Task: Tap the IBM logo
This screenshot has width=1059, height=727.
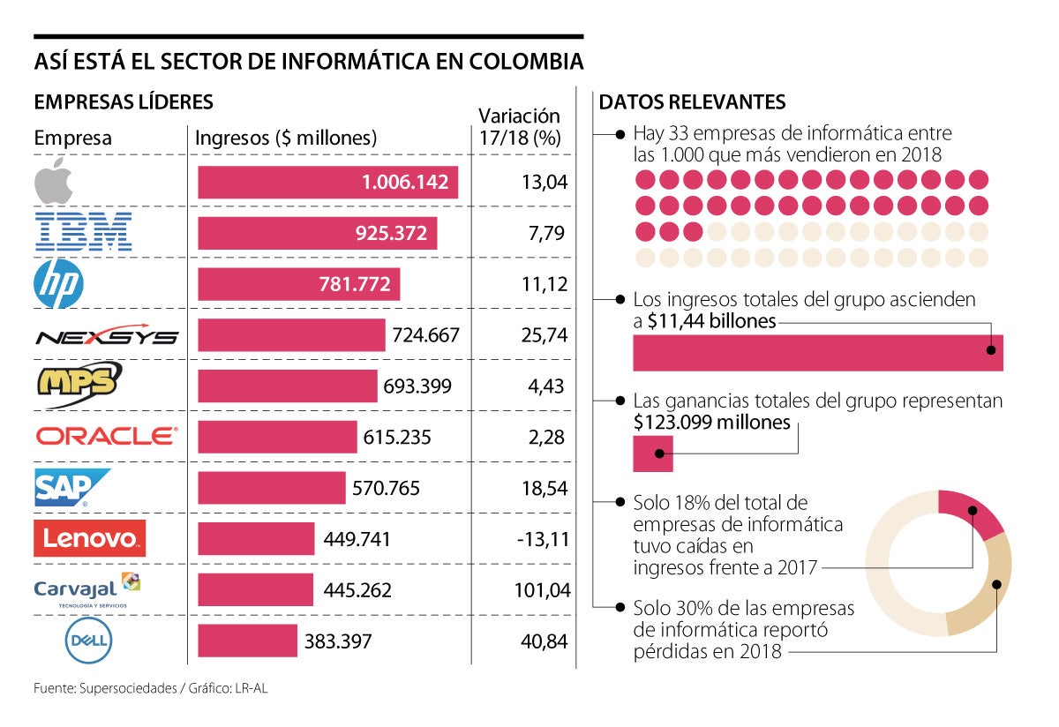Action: pyautogui.click(x=83, y=232)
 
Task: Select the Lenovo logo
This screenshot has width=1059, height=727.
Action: pyautogui.click(x=89, y=538)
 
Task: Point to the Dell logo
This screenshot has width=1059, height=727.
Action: pyautogui.click(x=88, y=641)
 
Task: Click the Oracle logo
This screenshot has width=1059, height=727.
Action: pyautogui.click(x=106, y=436)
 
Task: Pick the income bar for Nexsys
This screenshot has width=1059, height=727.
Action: pyautogui.click(x=291, y=335)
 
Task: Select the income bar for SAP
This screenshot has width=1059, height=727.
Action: pyautogui.click(x=272, y=488)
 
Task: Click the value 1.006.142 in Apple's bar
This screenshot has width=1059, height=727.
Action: pyautogui.click(x=405, y=183)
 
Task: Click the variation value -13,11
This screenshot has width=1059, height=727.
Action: pyautogui.click(x=543, y=539)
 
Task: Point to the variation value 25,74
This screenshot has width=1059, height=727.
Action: pyautogui.click(x=544, y=335)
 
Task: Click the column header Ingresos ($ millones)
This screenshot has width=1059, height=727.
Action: pyautogui.click(x=285, y=139)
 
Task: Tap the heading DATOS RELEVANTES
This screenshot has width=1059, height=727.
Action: pyautogui.click(x=692, y=102)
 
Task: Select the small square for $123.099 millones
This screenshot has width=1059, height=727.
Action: pyautogui.click(x=653, y=453)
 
